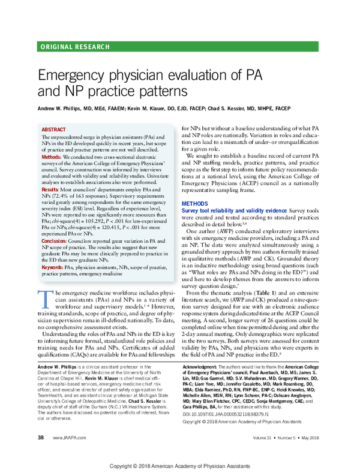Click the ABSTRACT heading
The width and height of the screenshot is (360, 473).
pos(54,129)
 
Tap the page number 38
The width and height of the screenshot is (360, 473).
pos(41,438)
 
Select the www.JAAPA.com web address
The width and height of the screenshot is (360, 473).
pos(69,438)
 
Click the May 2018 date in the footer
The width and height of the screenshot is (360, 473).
pos(310,438)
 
